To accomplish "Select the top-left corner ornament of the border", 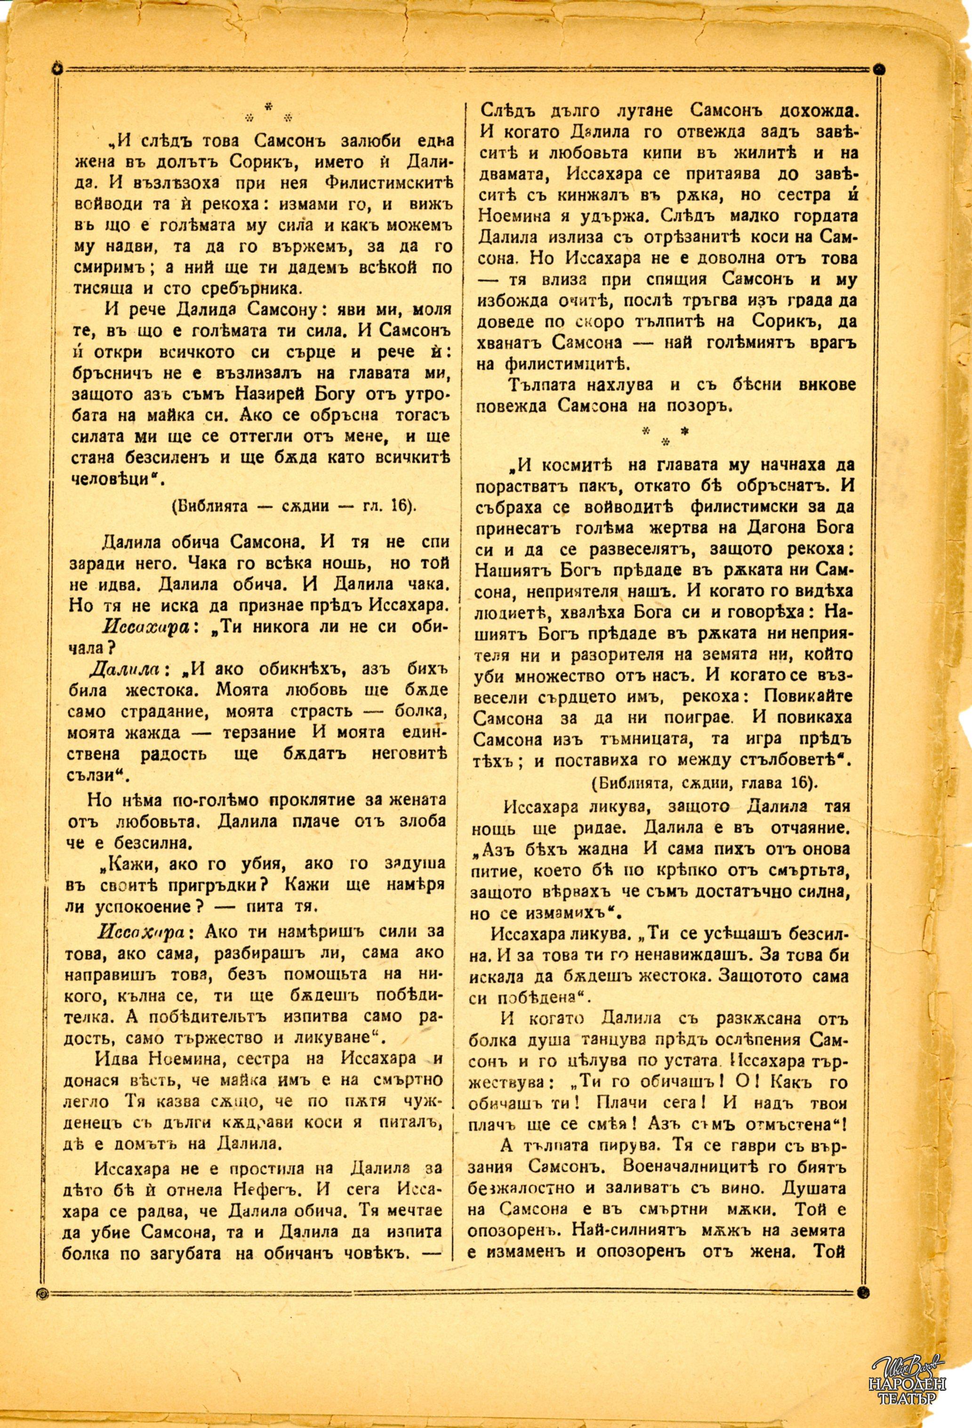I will [x=56, y=68].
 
